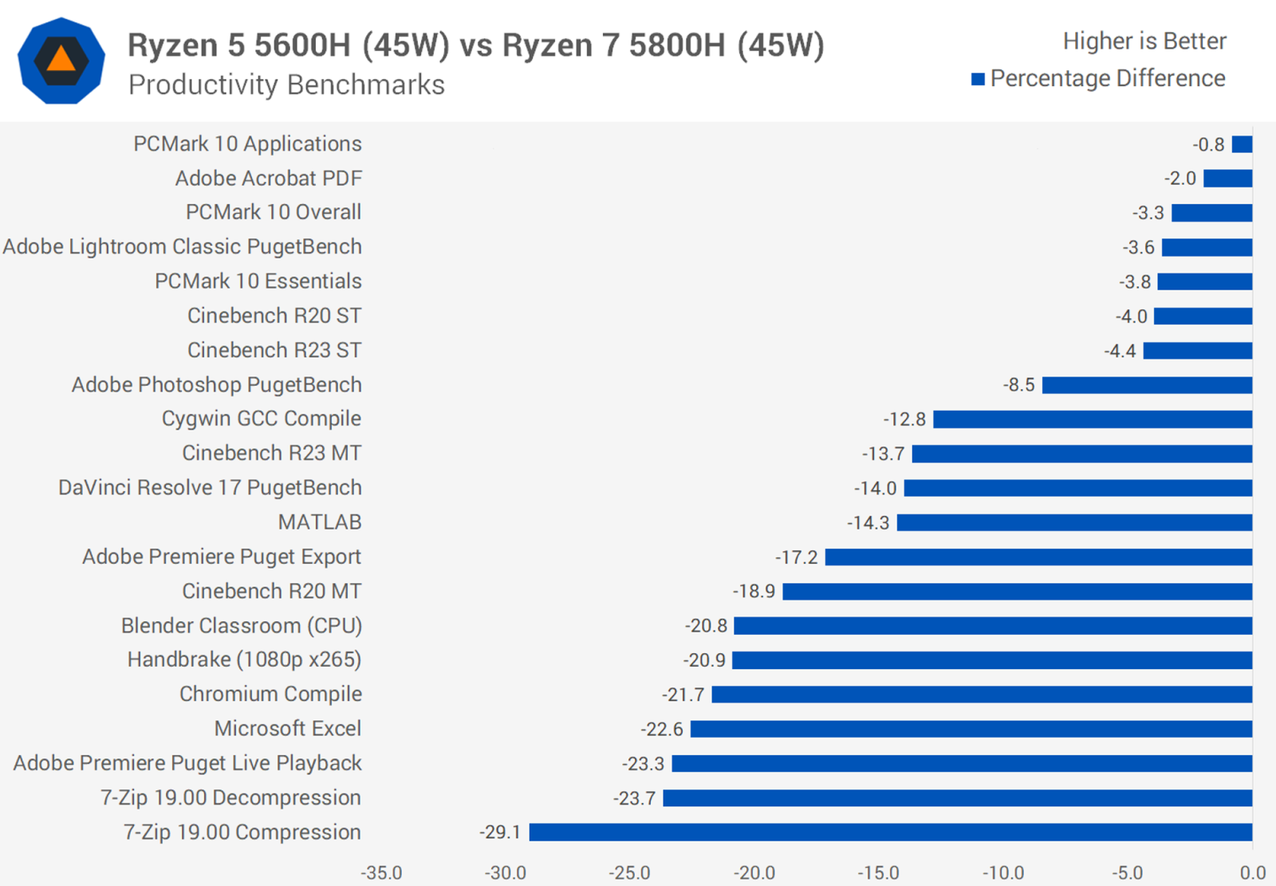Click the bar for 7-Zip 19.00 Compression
click(x=891, y=833)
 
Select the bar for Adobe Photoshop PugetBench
click(x=1147, y=385)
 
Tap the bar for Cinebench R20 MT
click(x=1017, y=592)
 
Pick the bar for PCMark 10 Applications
click(x=1242, y=144)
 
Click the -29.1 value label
click(x=500, y=833)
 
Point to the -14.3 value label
click(x=868, y=523)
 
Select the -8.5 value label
click(x=1018, y=385)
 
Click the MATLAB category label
click(x=320, y=522)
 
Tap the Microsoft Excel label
click(x=288, y=729)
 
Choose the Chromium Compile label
click(x=270, y=695)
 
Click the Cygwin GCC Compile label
click(x=262, y=419)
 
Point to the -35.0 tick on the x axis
click(x=381, y=872)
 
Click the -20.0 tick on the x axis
click(x=754, y=872)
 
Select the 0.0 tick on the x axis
click(x=1253, y=872)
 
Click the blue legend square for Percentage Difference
click(x=978, y=79)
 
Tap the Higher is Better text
click(x=1144, y=41)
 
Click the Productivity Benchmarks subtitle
click(x=286, y=85)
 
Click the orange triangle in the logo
click(x=61, y=60)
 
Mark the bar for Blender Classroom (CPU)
click(x=993, y=626)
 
